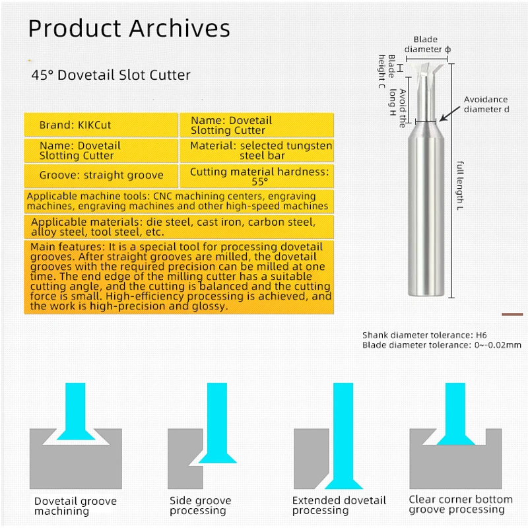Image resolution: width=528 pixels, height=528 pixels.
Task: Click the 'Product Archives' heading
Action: tap(129, 28)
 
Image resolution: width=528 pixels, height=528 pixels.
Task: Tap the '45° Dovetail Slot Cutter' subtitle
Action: tap(111, 75)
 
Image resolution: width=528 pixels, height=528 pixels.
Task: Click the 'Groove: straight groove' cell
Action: tap(101, 176)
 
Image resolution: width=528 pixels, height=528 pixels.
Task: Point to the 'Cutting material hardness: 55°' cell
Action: tap(259, 176)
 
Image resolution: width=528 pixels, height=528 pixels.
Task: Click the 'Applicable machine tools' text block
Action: tap(178, 201)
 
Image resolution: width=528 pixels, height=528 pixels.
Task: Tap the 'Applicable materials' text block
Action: tap(178, 227)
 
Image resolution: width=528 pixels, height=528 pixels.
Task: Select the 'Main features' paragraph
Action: tap(178, 277)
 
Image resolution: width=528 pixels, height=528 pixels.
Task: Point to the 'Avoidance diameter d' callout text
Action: tap(486, 104)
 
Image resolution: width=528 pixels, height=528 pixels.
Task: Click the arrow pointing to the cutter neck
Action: tap(448, 114)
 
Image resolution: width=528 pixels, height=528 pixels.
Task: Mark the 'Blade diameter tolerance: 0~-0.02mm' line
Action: tap(442, 345)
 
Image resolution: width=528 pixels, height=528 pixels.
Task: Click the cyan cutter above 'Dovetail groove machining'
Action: tap(75, 412)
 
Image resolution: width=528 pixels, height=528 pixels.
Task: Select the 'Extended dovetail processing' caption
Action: tap(339, 506)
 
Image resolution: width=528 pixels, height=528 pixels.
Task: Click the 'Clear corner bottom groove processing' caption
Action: tap(460, 504)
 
